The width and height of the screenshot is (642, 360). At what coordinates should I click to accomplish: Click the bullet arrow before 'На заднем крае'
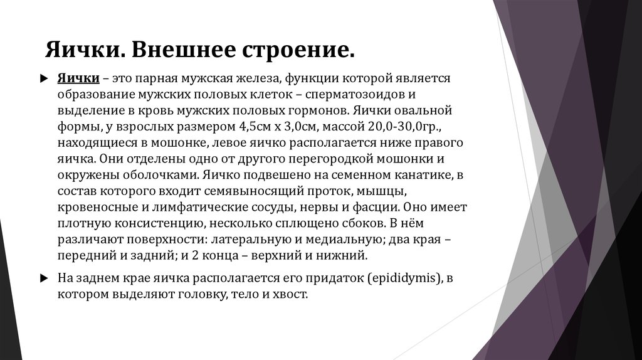click(x=43, y=277)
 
